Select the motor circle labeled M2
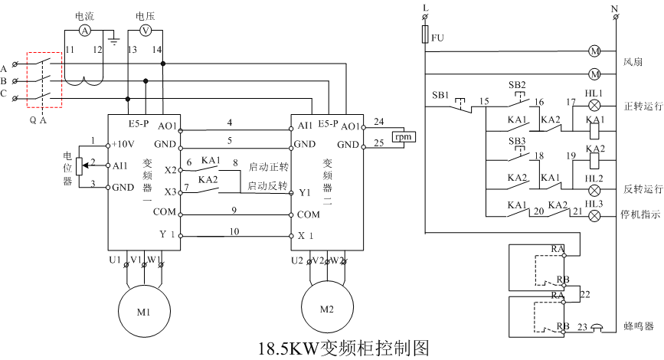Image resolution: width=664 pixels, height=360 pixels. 327,309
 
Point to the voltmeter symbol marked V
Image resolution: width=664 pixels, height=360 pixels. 146,30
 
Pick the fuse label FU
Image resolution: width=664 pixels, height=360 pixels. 438,38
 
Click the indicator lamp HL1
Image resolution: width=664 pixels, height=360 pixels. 594,106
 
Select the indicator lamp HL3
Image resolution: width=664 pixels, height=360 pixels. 594,216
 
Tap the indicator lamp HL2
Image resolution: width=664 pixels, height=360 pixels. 594,188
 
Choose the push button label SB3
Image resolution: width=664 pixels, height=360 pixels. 517,142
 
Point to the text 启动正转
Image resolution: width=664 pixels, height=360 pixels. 268,165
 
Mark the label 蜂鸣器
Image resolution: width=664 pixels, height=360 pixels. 639,326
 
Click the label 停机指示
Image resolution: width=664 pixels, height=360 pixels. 641,216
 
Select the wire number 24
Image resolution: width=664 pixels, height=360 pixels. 378,120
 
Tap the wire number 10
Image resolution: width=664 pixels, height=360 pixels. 234,231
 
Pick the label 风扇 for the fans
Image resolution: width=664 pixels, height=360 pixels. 632,62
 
